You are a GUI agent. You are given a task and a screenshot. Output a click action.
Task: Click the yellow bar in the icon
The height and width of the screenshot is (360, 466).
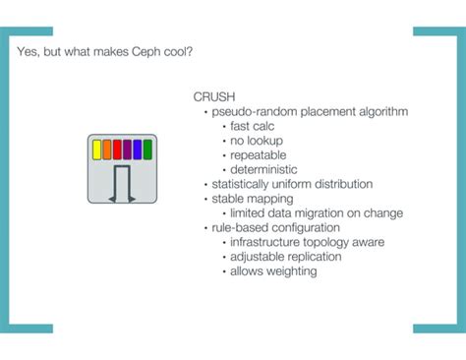click(97, 150)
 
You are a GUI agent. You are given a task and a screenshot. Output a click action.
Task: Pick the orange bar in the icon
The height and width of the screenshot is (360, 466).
click(107, 150)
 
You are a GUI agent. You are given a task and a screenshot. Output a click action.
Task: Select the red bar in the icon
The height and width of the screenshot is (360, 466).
click(117, 150)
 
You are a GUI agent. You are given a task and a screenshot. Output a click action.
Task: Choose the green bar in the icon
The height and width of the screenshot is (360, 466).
click(147, 150)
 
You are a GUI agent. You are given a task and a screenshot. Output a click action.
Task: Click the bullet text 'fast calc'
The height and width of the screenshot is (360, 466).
click(254, 126)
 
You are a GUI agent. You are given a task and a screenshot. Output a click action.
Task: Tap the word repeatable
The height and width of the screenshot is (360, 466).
click(260, 154)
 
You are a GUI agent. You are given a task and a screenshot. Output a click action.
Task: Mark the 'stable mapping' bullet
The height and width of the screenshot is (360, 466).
click(252, 198)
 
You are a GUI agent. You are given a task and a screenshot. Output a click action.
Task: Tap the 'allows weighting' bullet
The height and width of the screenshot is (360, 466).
click(273, 270)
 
